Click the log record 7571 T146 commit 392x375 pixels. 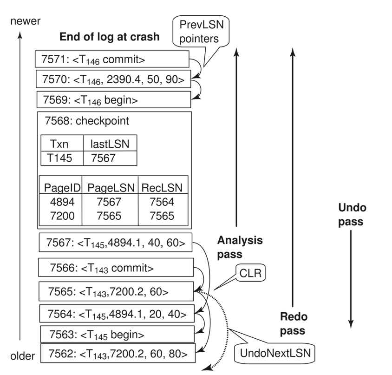(112, 59)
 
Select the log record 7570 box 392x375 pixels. (113, 79)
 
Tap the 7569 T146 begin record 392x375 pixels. (113, 99)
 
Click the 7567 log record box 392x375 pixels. (116, 242)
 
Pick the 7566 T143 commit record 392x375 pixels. (116, 268)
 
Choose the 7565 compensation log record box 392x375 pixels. (116, 292)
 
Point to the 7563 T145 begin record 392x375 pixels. (116, 334)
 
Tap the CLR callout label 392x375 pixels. (249, 274)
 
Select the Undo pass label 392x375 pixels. (351, 214)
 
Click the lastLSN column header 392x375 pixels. (110, 144)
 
